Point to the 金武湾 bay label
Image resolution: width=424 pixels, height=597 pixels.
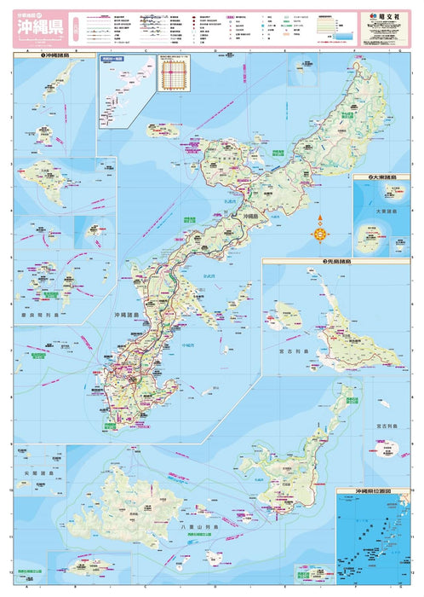tap(209, 276)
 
